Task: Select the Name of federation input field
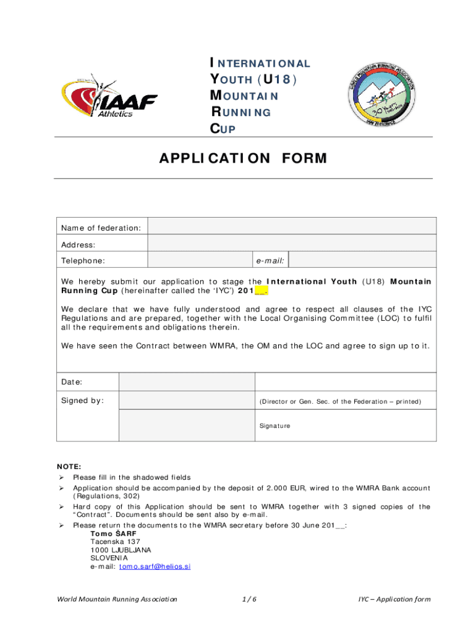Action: (292, 229)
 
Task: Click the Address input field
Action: (292, 245)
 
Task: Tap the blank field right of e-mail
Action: (362, 260)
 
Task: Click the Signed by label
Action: (82, 401)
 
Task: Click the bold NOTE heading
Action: (69, 467)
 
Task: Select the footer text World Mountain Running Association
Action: (117, 599)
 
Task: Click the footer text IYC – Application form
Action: (394, 599)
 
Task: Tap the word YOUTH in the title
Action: (230, 80)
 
